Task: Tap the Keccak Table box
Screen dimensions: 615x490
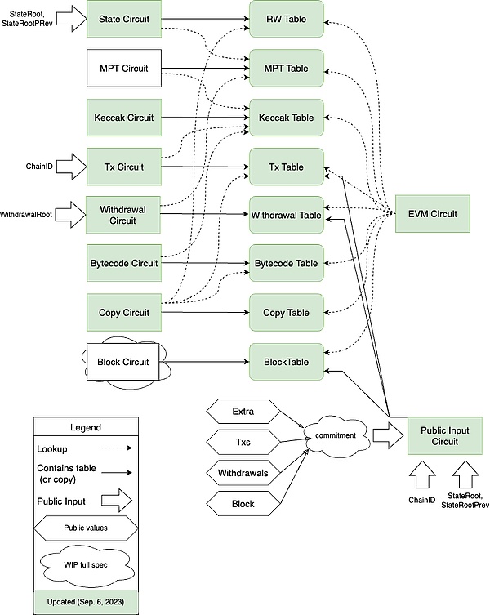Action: [286, 118]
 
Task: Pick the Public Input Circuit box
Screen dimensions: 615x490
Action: [443, 435]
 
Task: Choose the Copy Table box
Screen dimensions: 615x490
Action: [286, 313]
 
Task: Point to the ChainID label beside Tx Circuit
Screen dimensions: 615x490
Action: [39, 166]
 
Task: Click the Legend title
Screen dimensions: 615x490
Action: [85, 427]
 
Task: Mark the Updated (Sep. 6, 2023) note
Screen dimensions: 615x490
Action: [85, 600]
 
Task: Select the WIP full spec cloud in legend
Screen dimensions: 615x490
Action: [85, 564]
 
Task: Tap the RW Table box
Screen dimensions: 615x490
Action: [286, 19]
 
